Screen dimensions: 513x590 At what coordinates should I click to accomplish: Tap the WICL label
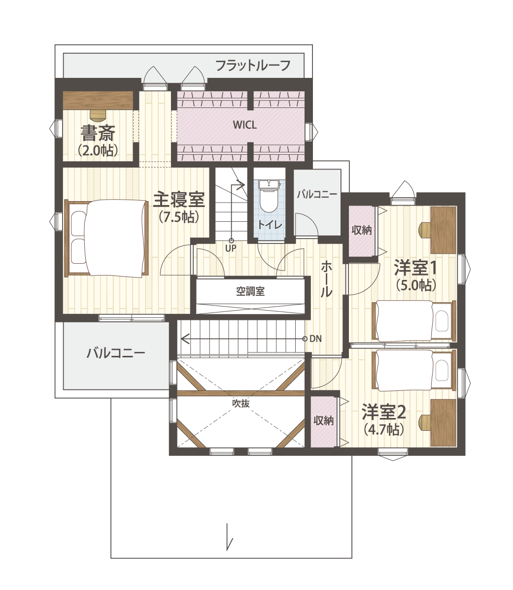click(x=245, y=125)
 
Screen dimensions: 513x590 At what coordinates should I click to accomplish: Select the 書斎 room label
click(x=98, y=133)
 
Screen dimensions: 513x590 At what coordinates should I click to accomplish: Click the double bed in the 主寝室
click(x=107, y=238)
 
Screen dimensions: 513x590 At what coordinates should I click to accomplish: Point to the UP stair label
click(x=231, y=248)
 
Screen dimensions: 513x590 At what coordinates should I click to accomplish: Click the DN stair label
click(x=315, y=339)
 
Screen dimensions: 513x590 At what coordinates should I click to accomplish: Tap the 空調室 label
click(x=250, y=291)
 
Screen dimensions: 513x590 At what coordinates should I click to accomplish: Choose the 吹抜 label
click(x=240, y=403)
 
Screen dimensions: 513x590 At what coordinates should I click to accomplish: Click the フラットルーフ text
click(x=253, y=66)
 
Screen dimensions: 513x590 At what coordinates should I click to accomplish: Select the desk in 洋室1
click(x=443, y=230)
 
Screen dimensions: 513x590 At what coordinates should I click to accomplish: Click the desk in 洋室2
click(x=443, y=422)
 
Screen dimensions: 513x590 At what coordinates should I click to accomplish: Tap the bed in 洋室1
click(x=414, y=320)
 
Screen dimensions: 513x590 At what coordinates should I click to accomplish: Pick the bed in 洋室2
click(x=414, y=370)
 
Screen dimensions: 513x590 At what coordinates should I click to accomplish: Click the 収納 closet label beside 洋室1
click(x=361, y=230)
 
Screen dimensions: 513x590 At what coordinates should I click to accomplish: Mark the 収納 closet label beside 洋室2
click(x=323, y=420)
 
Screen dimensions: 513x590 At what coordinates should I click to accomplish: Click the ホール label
click(x=326, y=279)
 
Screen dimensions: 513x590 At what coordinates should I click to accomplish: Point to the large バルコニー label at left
click(x=116, y=353)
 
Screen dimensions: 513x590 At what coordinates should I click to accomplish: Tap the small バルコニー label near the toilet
click(x=317, y=195)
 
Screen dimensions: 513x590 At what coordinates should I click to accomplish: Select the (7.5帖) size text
click(x=179, y=217)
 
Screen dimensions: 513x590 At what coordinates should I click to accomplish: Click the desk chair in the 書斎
click(x=98, y=114)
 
